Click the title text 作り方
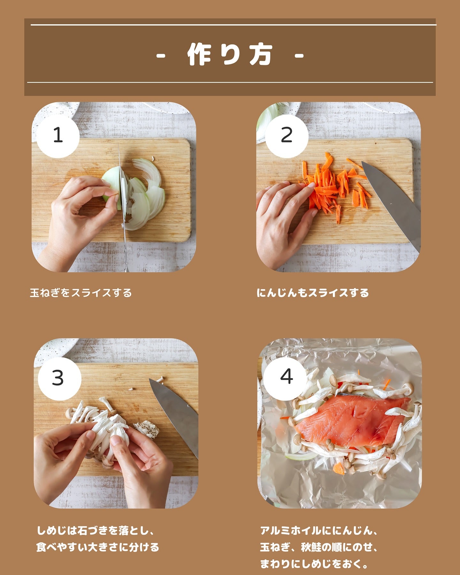[230, 55]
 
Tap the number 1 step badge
[58, 135]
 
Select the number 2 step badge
[287, 135]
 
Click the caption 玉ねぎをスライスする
[81, 293]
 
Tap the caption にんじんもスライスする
[313, 293]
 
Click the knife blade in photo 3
[176, 415]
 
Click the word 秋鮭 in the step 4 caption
[311, 547]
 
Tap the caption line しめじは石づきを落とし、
[96, 531]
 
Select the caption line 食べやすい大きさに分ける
[98, 547]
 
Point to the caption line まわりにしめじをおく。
[314, 564]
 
